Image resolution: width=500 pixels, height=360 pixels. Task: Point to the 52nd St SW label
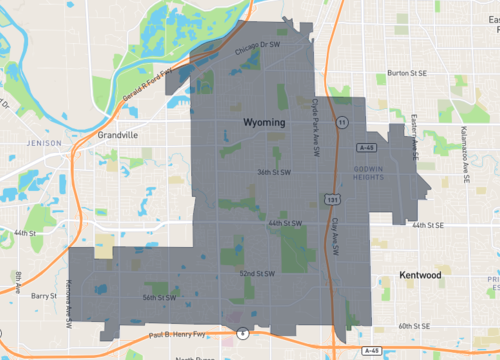click(x=258, y=272)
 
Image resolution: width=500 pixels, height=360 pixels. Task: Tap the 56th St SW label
click(x=159, y=297)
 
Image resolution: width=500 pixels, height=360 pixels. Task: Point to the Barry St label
click(x=44, y=296)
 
